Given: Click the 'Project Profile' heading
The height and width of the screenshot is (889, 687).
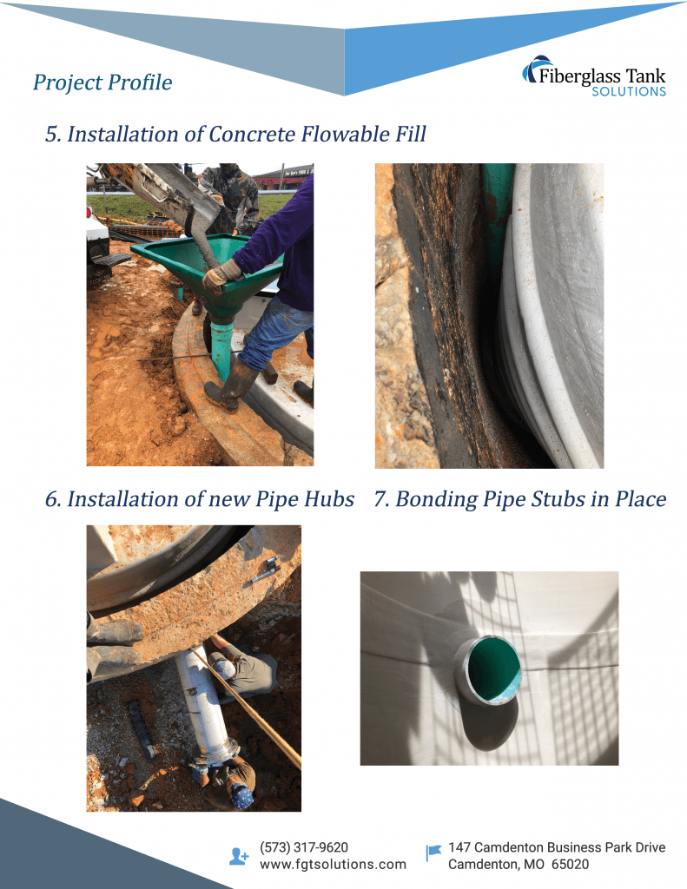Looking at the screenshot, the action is click(x=102, y=82).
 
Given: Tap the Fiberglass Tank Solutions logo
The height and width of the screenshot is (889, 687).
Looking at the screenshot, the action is click(x=593, y=77).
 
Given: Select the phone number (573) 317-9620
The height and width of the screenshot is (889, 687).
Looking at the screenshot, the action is click(x=304, y=847).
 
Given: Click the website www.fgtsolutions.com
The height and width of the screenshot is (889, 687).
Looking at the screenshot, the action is click(x=333, y=865).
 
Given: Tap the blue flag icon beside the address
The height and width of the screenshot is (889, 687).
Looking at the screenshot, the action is click(x=433, y=853).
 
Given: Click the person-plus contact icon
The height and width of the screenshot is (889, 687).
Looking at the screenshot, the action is click(x=239, y=856).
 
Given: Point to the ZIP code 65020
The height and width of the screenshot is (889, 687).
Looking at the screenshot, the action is click(x=570, y=865).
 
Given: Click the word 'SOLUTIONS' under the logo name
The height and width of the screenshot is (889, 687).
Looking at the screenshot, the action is click(x=629, y=92).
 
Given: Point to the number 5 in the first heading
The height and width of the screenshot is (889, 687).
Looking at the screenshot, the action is click(x=52, y=135).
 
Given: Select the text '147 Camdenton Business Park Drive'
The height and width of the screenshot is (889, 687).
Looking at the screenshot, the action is click(x=557, y=847).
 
